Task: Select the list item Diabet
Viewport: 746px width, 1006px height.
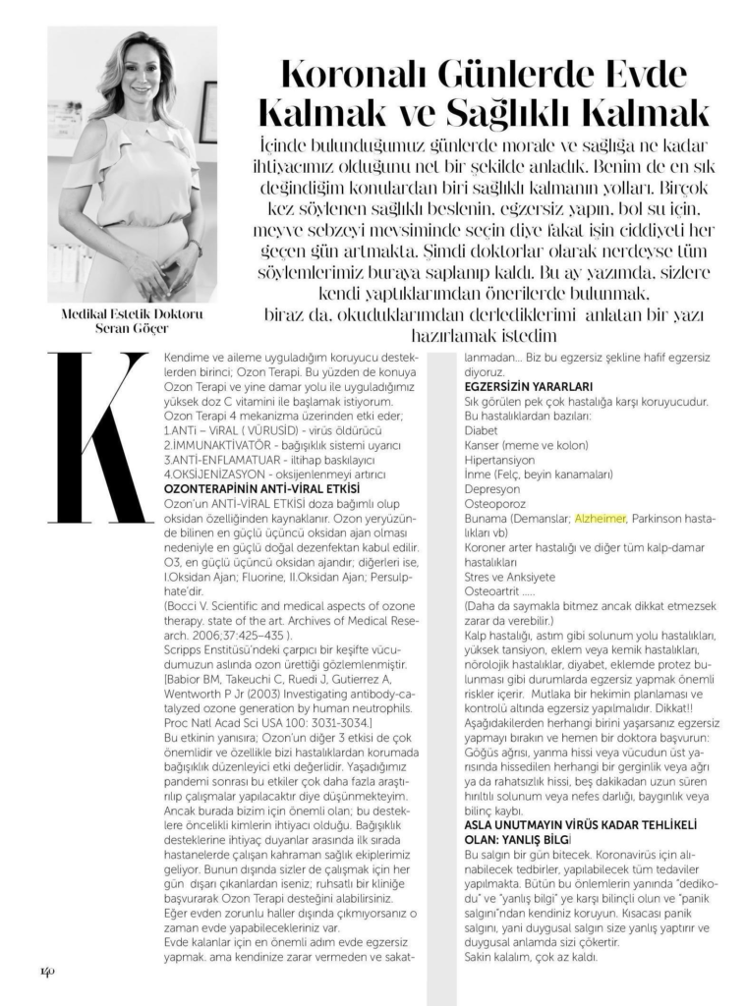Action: [481, 430]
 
